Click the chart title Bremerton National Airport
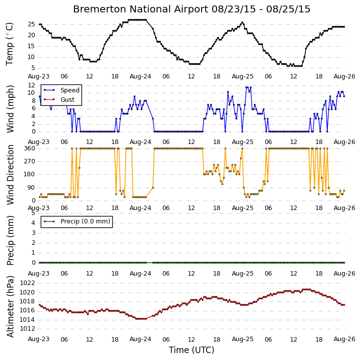point(141,9)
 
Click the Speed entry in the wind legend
point(70,90)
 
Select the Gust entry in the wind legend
point(67,100)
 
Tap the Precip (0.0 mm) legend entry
point(85,221)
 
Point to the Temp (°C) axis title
point(9,44)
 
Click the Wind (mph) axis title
point(10,109)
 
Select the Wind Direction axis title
point(10,174)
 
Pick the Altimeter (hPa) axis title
point(10,306)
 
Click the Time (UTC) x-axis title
point(192,350)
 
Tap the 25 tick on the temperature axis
point(31,24)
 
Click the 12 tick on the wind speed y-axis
point(31,85)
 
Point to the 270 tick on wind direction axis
point(30,161)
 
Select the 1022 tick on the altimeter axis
point(27,283)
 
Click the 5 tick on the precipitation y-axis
point(34,213)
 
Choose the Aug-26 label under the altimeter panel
point(345,339)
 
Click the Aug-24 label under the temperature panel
point(141,76)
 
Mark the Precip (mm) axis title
point(10,240)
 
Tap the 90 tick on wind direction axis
point(31,188)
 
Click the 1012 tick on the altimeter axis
point(27,329)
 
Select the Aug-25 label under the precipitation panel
point(242,274)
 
